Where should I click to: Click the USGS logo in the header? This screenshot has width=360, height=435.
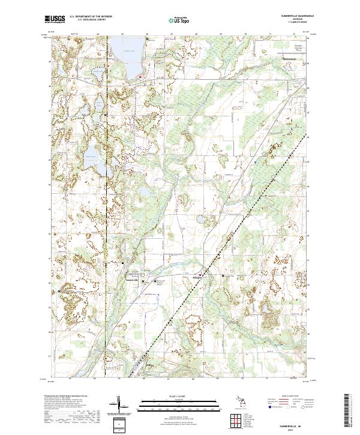[55, 20]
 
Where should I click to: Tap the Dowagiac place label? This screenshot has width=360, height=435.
[290, 59]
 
